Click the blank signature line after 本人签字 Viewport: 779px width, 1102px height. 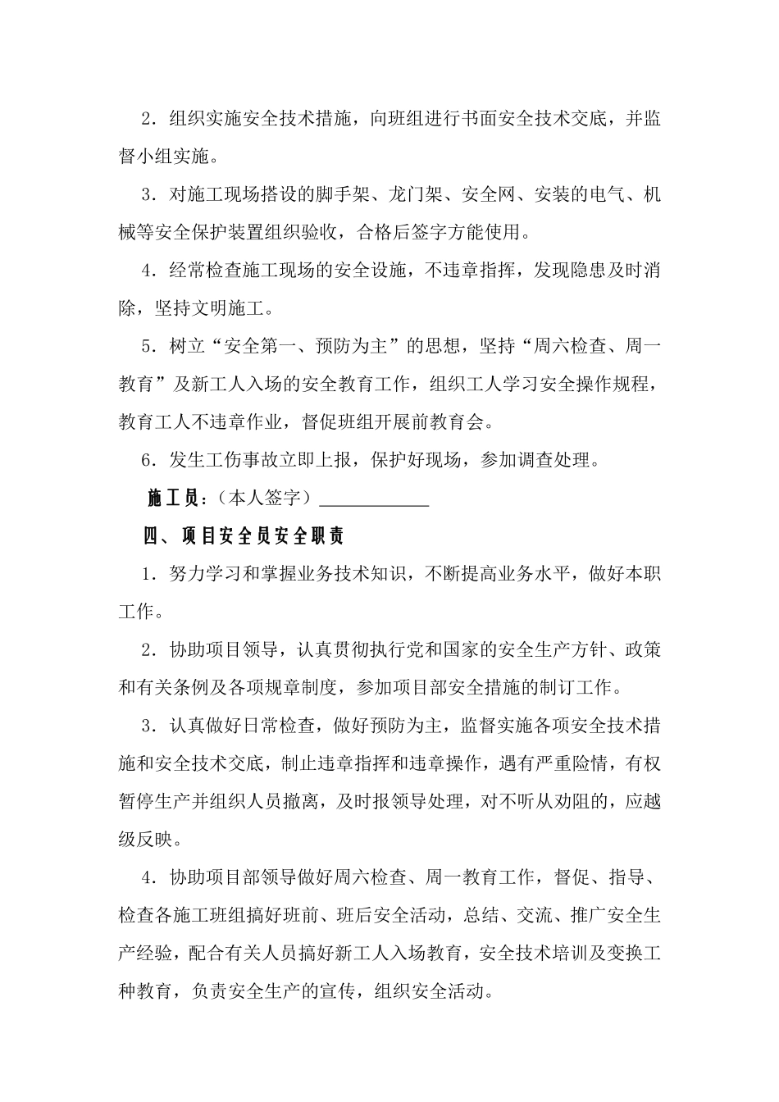[x=373, y=499]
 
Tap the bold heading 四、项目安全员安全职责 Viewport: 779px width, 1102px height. [x=244, y=537]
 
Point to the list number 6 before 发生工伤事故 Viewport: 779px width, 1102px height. [x=148, y=460]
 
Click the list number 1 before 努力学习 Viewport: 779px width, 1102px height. [x=148, y=574]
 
